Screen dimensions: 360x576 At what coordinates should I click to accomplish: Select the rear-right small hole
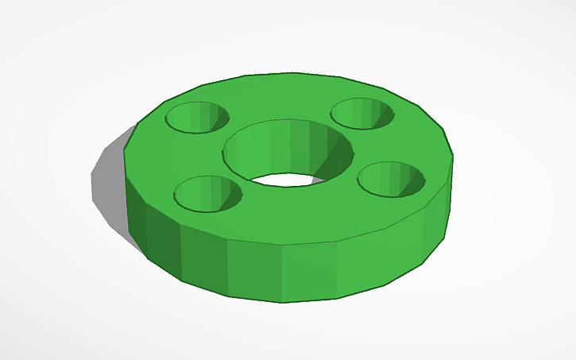coord(362,113)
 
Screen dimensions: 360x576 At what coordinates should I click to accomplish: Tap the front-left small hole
coord(207,193)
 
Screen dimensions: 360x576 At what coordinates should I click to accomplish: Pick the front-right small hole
coord(390,179)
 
